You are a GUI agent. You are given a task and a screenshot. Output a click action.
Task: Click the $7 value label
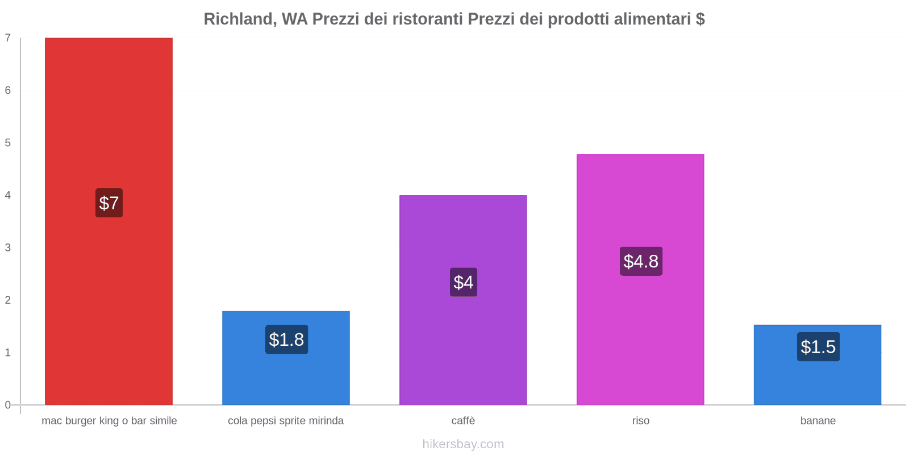click(x=109, y=203)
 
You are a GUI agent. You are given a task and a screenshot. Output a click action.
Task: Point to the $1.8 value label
click(x=286, y=340)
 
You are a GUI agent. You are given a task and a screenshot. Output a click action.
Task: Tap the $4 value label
click(x=463, y=282)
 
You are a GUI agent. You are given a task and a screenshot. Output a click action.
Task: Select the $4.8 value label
click(x=641, y=261)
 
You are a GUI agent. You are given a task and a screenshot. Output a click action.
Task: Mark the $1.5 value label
click(x=818, y=347)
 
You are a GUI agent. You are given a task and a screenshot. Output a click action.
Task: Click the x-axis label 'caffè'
click(x=463, y=421)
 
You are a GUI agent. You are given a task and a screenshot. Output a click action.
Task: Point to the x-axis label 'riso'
click(x=641, y=421)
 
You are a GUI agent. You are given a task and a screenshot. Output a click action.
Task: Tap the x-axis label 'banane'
click(x=818, y=421)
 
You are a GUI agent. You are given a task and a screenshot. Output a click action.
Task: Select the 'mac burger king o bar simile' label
click(x=109, y=421)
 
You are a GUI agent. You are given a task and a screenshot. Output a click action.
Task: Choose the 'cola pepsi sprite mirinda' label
click(x=286, y=421)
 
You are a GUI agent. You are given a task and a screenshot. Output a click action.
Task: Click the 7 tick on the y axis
click(x=8, y=38)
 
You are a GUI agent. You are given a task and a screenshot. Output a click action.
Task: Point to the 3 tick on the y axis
click(x=8, y=247)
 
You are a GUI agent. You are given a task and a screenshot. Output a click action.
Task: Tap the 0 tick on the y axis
click(x=8, y=405)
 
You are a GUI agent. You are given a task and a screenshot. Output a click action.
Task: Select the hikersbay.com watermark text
click(x=463, y=444)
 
